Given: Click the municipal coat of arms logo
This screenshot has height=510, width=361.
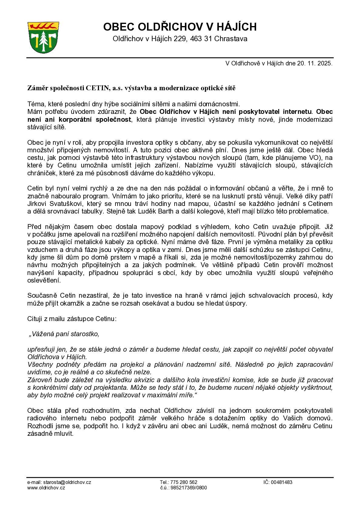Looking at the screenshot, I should click(43, 37).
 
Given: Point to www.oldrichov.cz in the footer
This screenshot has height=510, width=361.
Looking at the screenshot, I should click(46, 488).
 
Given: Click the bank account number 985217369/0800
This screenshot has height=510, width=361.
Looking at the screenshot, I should click(188, 488).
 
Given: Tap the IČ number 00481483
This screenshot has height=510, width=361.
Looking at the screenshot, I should click(282, 482).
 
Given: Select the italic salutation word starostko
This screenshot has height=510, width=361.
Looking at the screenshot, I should click(85, 334).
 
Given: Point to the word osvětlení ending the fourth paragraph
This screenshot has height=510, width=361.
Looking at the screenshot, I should click(44, 280).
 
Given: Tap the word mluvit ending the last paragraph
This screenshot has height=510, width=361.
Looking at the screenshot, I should click(66, 434).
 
